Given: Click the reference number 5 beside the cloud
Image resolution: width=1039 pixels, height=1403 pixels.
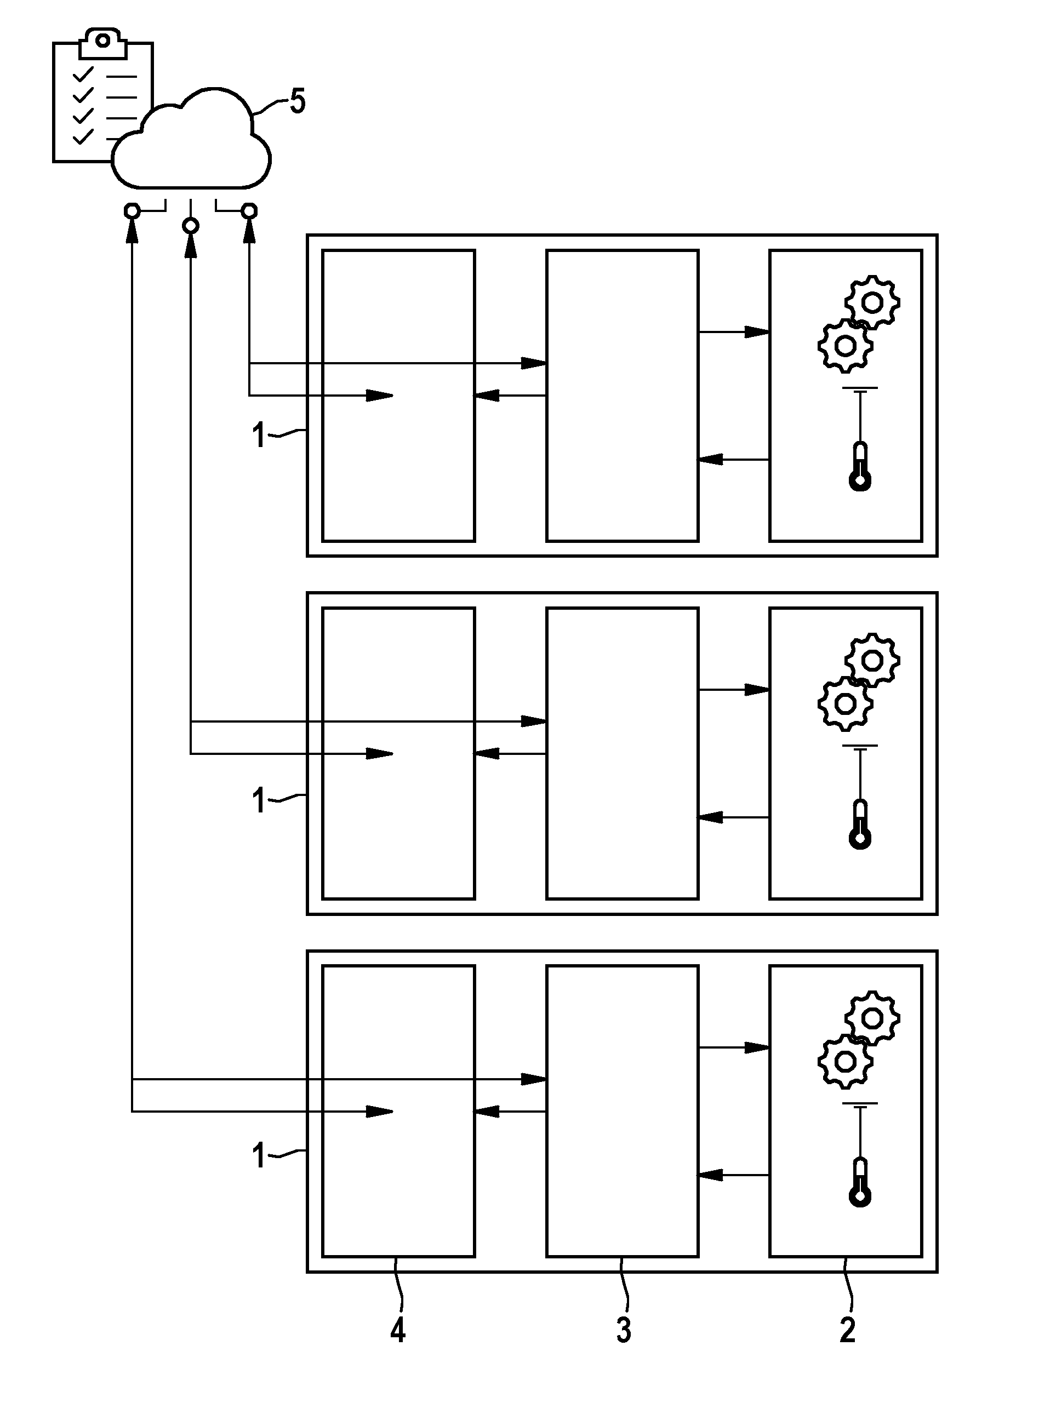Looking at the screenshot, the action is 298,101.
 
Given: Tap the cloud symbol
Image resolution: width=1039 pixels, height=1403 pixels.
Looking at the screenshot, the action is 191,138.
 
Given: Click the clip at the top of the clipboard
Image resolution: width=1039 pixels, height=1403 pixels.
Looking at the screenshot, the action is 102,42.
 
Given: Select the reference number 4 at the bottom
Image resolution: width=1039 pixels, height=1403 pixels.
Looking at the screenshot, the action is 397,1330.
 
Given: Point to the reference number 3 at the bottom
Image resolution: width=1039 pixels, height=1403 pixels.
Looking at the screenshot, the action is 623,1330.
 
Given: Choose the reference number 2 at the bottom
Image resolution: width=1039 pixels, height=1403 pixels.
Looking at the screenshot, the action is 848,1330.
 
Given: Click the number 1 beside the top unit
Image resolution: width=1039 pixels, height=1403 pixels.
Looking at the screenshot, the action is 259,434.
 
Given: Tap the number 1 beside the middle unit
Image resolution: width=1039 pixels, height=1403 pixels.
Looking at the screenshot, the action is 259,801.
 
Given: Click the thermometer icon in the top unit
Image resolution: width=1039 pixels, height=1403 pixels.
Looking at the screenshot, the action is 860,467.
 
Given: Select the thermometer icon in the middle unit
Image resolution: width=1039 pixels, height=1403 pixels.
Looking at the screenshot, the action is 860,824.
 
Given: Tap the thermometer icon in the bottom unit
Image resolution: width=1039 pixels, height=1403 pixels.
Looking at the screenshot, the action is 860,1182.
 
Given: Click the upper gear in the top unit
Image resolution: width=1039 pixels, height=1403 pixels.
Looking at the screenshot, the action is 872,302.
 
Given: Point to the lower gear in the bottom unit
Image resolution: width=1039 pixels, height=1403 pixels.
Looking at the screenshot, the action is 846,1062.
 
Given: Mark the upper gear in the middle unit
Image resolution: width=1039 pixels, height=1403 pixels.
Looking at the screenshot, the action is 872,661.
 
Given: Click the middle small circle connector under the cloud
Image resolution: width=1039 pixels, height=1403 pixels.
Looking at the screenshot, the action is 191,225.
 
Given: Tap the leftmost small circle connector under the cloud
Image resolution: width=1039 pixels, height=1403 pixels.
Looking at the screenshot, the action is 132,210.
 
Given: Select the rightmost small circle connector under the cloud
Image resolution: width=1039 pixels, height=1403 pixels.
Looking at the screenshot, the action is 250,210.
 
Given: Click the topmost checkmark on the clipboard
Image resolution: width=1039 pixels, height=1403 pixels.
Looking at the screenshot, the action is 83,75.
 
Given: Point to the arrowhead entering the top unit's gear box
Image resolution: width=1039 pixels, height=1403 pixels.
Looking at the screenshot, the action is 757,331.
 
